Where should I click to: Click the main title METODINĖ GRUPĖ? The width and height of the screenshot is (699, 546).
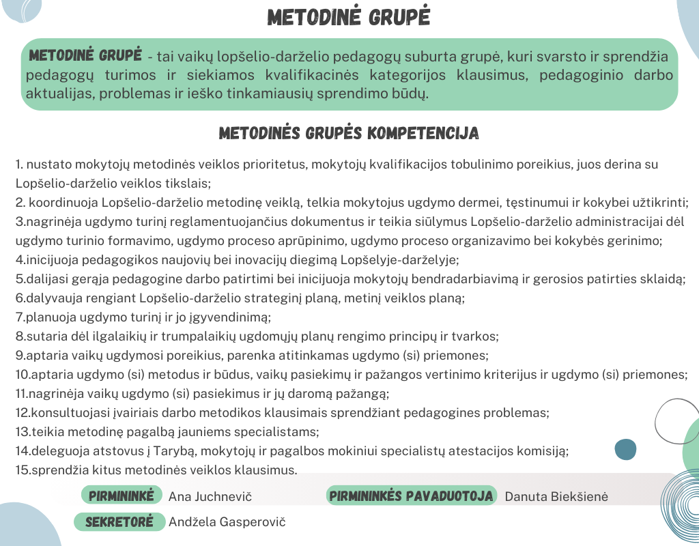pos(349,18)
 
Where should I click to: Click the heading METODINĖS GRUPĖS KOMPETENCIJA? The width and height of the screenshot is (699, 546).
pos(349,133)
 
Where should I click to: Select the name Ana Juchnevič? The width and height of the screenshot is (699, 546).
pos(205,497)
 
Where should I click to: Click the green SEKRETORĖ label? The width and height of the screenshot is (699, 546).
pos(119,522)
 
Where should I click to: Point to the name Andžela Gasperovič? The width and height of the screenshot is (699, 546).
pos(227,522)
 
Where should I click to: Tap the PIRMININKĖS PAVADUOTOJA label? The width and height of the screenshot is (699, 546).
pos(412,496)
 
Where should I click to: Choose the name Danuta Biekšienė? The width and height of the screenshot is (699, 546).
pos(556,497)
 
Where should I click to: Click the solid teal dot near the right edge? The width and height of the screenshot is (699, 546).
pos(625,449)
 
